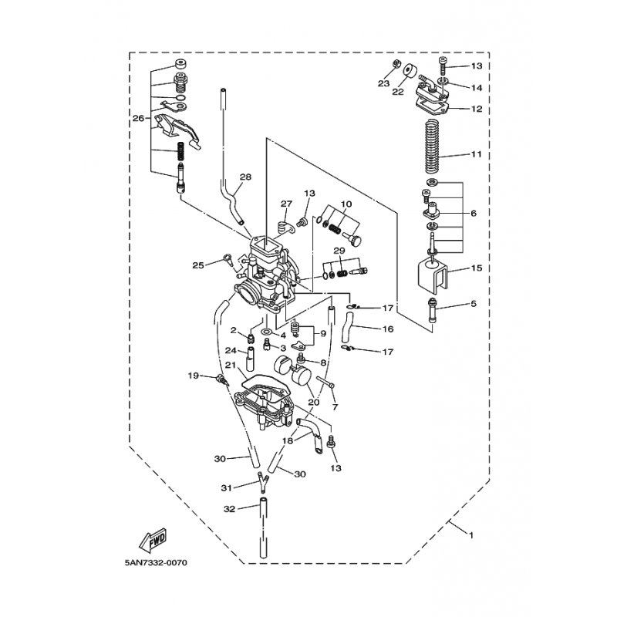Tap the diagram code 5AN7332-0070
[156, 563]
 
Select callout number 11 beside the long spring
[477, 154]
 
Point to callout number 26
[138, 118]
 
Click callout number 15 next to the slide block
[477, 268]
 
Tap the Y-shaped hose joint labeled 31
[263, 484]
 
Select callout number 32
[229, 509]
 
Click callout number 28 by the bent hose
[245, 177]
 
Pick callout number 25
[198, 265]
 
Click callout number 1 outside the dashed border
[471, 535]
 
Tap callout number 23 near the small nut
[383, 83]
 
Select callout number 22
[398, 92]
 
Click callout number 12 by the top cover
[477, 109]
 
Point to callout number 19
[194, 376]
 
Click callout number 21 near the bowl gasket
[231, 366]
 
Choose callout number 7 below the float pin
[335, 407]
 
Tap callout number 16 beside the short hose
[388, 329]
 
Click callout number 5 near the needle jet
[474, 303]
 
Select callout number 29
[339, 251]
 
